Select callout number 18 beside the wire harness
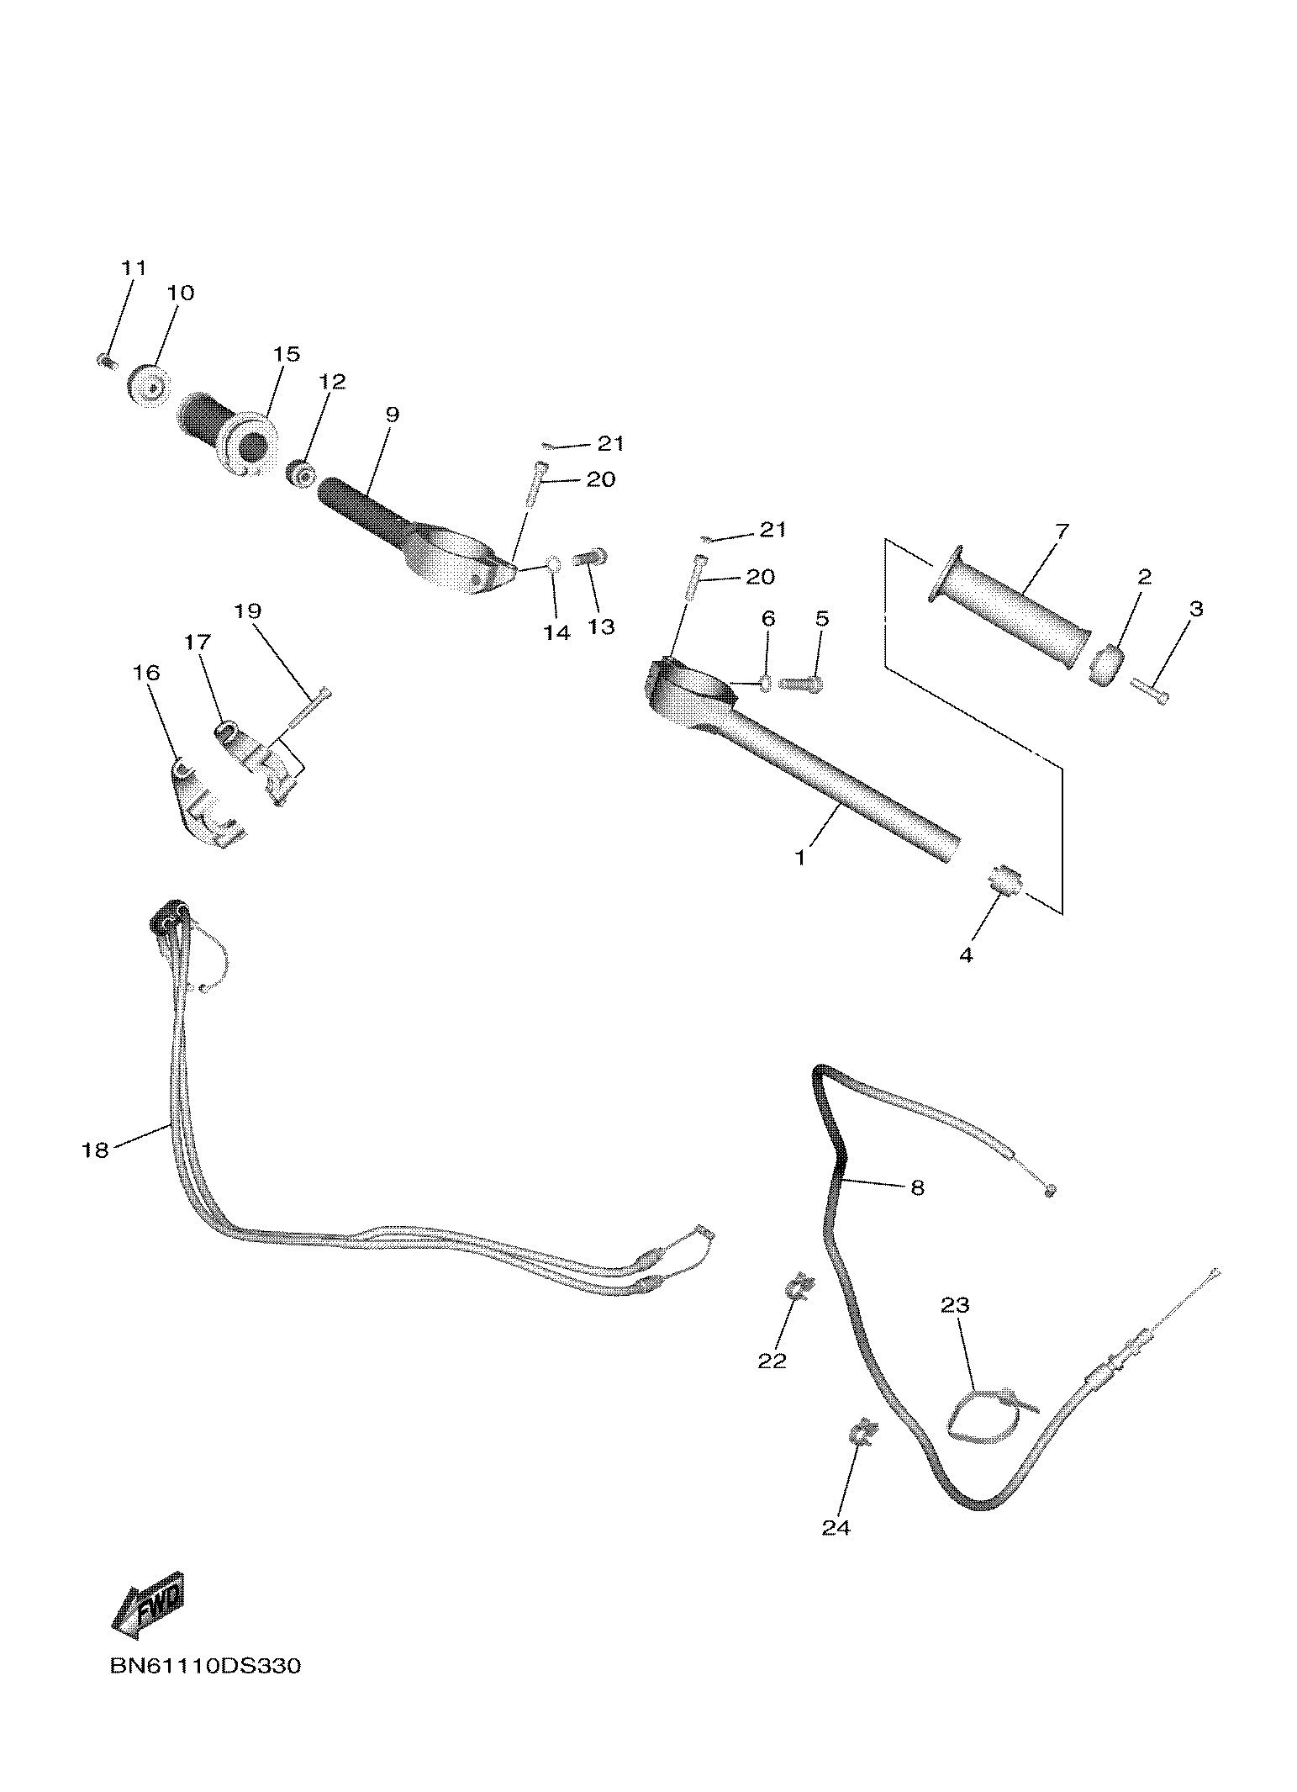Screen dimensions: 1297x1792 (95, 1150)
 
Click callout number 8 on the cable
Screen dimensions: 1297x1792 (917, 1187)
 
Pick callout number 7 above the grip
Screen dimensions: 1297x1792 (1062, 531)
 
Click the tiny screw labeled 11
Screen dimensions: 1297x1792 (104, 362)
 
